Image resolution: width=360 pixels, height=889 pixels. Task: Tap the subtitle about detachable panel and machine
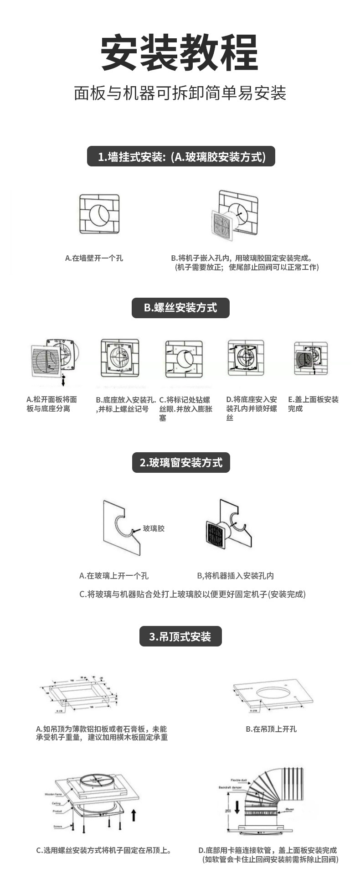click(x=180, y=93)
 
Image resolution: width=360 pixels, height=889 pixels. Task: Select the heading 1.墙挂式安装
click(x=181, y=157)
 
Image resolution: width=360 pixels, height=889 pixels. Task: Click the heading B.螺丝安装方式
click(x=180, y=308)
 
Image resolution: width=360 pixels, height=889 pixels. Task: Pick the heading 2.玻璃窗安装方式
click(x=181, y=463)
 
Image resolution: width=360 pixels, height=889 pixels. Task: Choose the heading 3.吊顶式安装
click(x=180, y=636)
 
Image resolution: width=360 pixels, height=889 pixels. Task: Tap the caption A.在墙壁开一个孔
click(x=94, y=258)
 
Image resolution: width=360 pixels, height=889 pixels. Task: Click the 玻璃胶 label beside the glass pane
click(x=154, y=528)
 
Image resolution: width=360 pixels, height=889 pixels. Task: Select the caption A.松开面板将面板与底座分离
click(x=51, y=404)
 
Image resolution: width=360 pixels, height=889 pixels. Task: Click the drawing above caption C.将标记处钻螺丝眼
click(x=184, y=358)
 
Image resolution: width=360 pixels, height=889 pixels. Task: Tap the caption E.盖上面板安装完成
click(x=313, y=404)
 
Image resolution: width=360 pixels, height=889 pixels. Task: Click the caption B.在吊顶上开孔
click(x=271, y=729)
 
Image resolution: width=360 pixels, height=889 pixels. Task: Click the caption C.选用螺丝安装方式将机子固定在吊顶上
click(x=104, y=851)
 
